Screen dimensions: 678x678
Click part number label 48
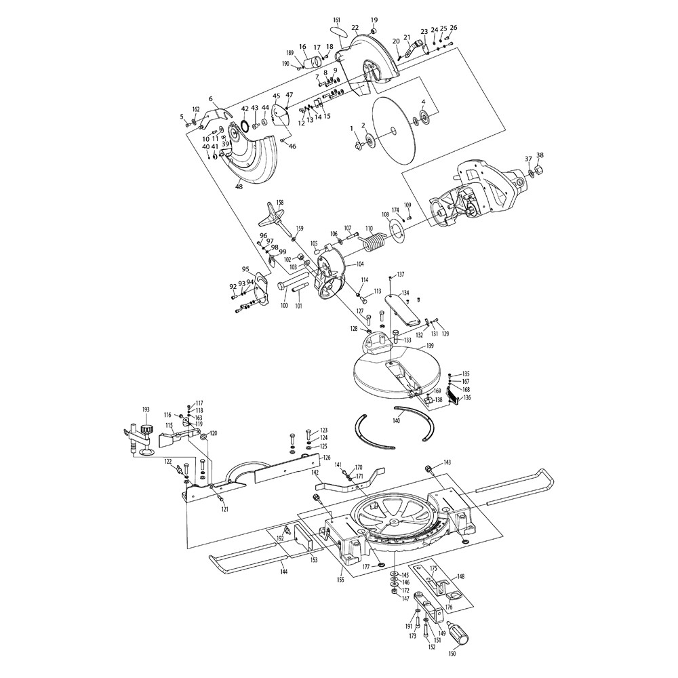pyautogui.click(x=238, y=186)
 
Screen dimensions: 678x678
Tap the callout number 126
pyautogui.click(x=326, y=458)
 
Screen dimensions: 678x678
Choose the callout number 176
pyautogui.click(x=448, y=607)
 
